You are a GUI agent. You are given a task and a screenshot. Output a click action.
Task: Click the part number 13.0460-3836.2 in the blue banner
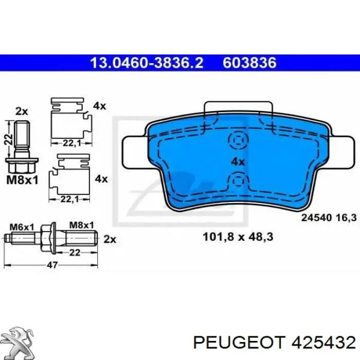pos(147,62)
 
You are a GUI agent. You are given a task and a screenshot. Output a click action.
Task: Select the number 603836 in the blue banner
pos(249,62)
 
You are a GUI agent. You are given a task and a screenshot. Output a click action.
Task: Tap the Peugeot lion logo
pos(19,343)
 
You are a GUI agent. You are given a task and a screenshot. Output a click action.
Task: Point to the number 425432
pos(323,343)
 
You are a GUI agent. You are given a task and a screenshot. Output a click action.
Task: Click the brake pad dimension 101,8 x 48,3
pos(238,237)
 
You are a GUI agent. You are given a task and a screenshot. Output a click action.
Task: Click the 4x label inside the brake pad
pos(238,162)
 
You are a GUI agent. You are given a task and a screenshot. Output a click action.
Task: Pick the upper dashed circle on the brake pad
pos(239,139)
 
